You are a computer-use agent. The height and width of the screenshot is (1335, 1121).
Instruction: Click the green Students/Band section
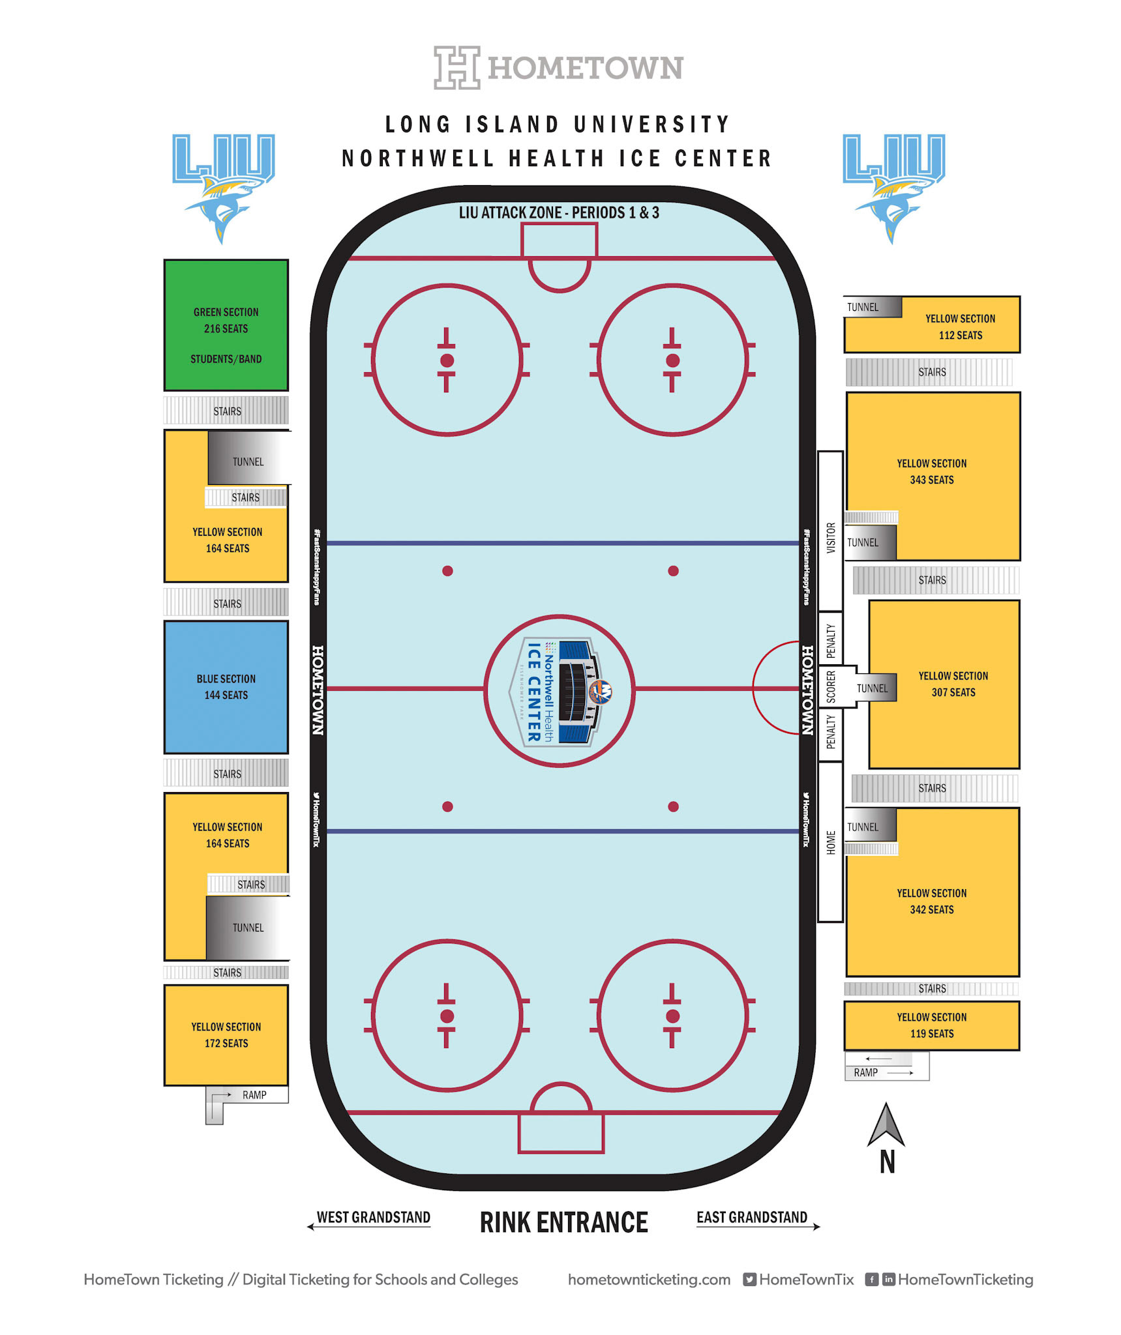[x=226, y=326]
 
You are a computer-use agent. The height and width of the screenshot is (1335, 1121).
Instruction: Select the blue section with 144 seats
[x=226, y=687]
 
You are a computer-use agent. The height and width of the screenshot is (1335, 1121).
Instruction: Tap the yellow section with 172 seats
[x=226, y=1034]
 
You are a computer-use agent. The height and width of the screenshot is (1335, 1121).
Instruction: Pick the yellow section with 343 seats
[x=933, y=471]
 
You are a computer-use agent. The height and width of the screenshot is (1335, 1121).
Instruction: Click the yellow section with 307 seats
[x=953, y=684]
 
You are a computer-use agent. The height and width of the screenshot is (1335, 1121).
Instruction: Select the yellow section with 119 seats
[x=931, y=1025]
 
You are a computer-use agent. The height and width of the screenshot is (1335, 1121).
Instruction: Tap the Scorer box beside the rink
[x=830, y=687]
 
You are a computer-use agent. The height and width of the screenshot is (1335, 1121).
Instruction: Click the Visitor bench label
[x=830, y=538]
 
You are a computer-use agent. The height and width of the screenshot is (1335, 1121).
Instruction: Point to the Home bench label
[x=830, y=842]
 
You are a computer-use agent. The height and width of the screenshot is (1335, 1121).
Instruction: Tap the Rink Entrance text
[x=563, y=1223]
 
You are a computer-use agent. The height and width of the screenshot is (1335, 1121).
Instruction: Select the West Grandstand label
[x=373, y=1218]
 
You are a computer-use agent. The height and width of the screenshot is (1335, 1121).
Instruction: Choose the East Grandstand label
[x=752, y=1218]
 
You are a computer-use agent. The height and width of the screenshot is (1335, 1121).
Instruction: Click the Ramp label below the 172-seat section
[x=254, y=1095]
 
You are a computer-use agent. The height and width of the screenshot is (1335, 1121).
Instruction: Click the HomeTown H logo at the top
[x=456, y=67]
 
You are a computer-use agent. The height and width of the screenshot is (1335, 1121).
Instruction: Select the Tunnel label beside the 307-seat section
[x=872, y=688]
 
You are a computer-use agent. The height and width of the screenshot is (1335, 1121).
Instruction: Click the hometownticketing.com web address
[x=649, y=1280]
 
